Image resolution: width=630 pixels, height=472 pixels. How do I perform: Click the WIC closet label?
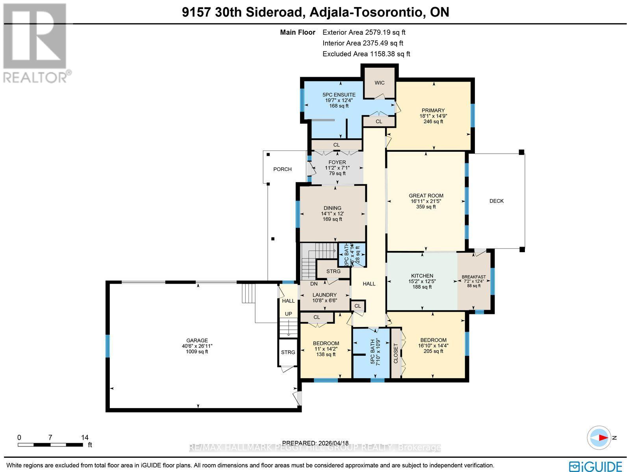(379, 83)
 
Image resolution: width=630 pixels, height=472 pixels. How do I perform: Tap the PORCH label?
(282, 169)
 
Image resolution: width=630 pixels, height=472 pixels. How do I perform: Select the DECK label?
(497, 201)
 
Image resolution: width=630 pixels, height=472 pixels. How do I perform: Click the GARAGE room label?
(197, 340)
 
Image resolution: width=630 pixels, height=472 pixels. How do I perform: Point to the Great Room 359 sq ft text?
(426, 206)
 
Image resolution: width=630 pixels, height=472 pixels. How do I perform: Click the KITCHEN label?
(422, 276)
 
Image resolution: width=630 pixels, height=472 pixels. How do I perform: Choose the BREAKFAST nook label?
(474, 277)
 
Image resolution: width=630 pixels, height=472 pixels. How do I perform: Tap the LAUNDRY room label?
(324, 295)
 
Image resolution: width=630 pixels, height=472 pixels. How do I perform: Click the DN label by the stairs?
(314, 284)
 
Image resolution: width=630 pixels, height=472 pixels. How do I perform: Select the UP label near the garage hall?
(289, 314)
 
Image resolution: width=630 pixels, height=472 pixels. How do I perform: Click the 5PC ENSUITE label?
(339, 95)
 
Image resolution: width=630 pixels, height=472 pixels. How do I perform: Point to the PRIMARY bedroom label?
(433, 110)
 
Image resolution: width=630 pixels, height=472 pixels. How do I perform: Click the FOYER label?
(337, 162)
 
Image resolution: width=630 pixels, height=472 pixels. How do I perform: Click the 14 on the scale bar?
(85, 437)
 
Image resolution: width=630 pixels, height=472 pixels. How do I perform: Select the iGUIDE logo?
(597, 466)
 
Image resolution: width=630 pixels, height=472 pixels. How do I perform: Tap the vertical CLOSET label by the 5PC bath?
(396, 353)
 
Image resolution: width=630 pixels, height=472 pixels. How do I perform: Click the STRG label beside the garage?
(288, 352)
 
